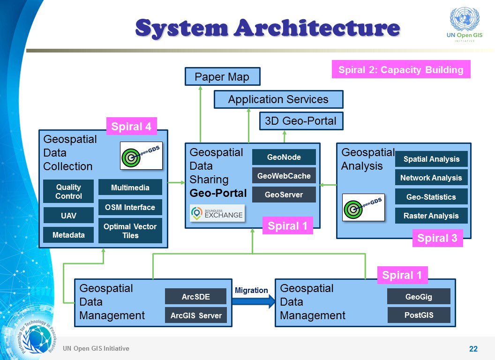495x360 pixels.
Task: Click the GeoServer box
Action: tap(284, 195)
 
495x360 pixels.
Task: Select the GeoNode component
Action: tap(284, 157)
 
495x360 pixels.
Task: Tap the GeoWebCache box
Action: tap(284, 176)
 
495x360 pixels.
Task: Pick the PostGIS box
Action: tap(419, 315)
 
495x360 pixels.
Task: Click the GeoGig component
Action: tap(419, 296)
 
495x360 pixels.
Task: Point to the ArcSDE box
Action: tap(196, 296)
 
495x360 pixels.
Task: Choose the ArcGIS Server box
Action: tap(196, 315)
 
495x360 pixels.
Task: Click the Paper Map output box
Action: tap(222, 77)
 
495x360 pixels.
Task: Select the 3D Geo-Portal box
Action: tap(300, 121)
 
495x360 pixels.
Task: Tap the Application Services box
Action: tap(278, 99)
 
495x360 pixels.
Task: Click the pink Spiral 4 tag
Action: tap(131, 127)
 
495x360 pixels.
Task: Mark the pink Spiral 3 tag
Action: tap(437, 238)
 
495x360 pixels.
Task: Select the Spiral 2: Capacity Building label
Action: tap(401, 70)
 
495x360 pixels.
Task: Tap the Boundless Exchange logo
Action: tap(217, 213)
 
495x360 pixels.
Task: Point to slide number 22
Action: tap(473, 349)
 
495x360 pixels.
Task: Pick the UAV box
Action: tap(68, 216)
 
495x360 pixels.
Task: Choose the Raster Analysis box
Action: tap(431, 216)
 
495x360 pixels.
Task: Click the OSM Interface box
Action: tap(130, 207)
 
